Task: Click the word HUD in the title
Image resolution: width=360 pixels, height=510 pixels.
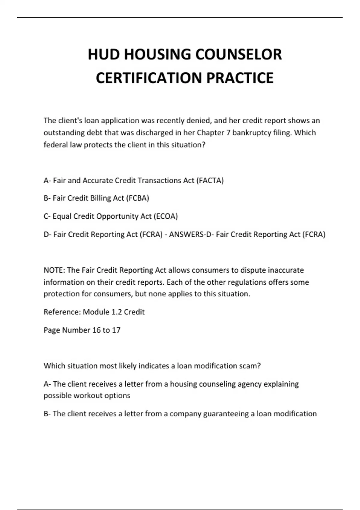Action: pyautogui.click(x=103, y=55)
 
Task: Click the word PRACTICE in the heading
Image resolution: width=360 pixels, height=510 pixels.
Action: pyautogui.click(x=240, y=78)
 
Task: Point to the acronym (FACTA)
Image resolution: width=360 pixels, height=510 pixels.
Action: pyautogui.click(x=210, y=181)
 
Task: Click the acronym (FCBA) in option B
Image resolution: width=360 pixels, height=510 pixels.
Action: pyautogui.click(x=137, y=198)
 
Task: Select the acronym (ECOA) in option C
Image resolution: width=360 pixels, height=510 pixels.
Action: pyautogui.click(x=166, y=216)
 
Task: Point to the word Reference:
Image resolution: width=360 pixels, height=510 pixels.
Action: pyautogui.click(x=62, y=312)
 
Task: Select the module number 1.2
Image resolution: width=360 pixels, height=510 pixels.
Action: pyautogui.click(x=116, y=312)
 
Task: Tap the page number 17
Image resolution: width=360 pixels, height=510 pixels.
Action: pyautogui.click(x=116, y=330)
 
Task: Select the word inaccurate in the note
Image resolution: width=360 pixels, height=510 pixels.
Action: pyautogui.click(x=286, y=270)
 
